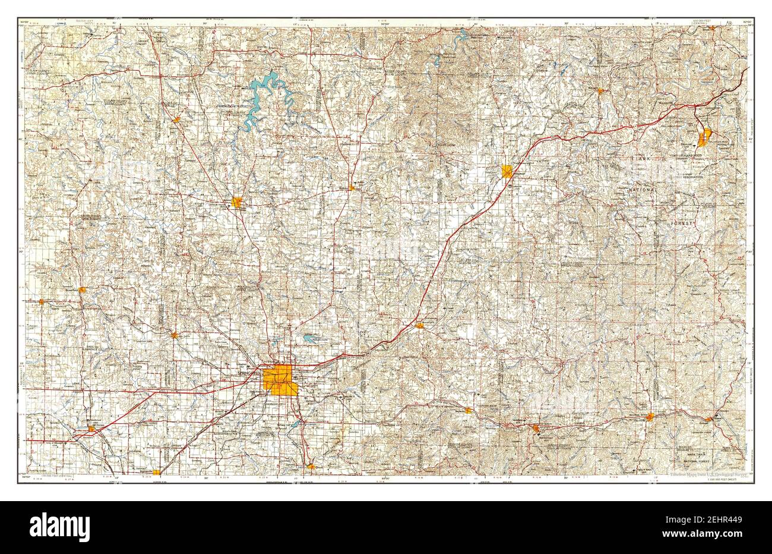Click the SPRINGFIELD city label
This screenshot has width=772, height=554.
(x=249, y=373)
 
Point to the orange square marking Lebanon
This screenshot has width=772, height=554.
(x=507, y=171)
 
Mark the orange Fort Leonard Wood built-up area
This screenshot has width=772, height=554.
(x=705, y=137)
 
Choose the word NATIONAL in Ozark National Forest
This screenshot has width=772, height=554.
(x=643, y=190)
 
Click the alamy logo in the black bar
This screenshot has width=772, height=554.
(x=59, y=526)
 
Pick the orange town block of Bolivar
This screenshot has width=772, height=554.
(x=238, y=203)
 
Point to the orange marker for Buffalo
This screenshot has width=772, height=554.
(x=352, y=188)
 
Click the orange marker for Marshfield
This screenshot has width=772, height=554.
(x=420, y=325)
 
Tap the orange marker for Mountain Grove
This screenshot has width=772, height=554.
(x=650, y=417)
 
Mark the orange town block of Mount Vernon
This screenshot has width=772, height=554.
(x=91, y=428)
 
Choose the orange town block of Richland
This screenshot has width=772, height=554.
(x=601, y=91)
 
